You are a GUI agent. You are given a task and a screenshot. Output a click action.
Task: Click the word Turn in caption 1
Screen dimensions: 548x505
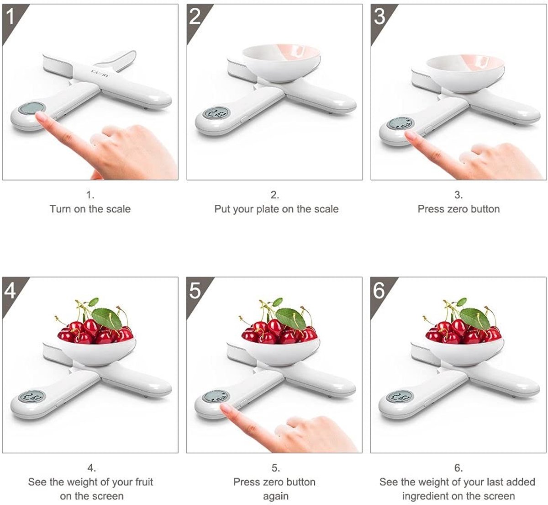(60, 209)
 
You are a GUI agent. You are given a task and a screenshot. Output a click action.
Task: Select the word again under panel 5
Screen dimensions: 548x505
(276, 496)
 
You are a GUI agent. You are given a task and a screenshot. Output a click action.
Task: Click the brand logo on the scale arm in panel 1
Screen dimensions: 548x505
(100, 73)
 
